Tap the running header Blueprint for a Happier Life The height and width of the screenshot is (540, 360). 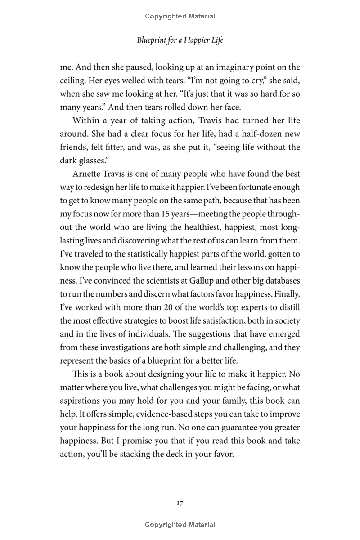(x=180, y=40)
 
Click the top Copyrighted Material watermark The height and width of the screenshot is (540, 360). (x=180, y=16)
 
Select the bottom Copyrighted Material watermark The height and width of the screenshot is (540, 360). (x=180, y=524)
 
